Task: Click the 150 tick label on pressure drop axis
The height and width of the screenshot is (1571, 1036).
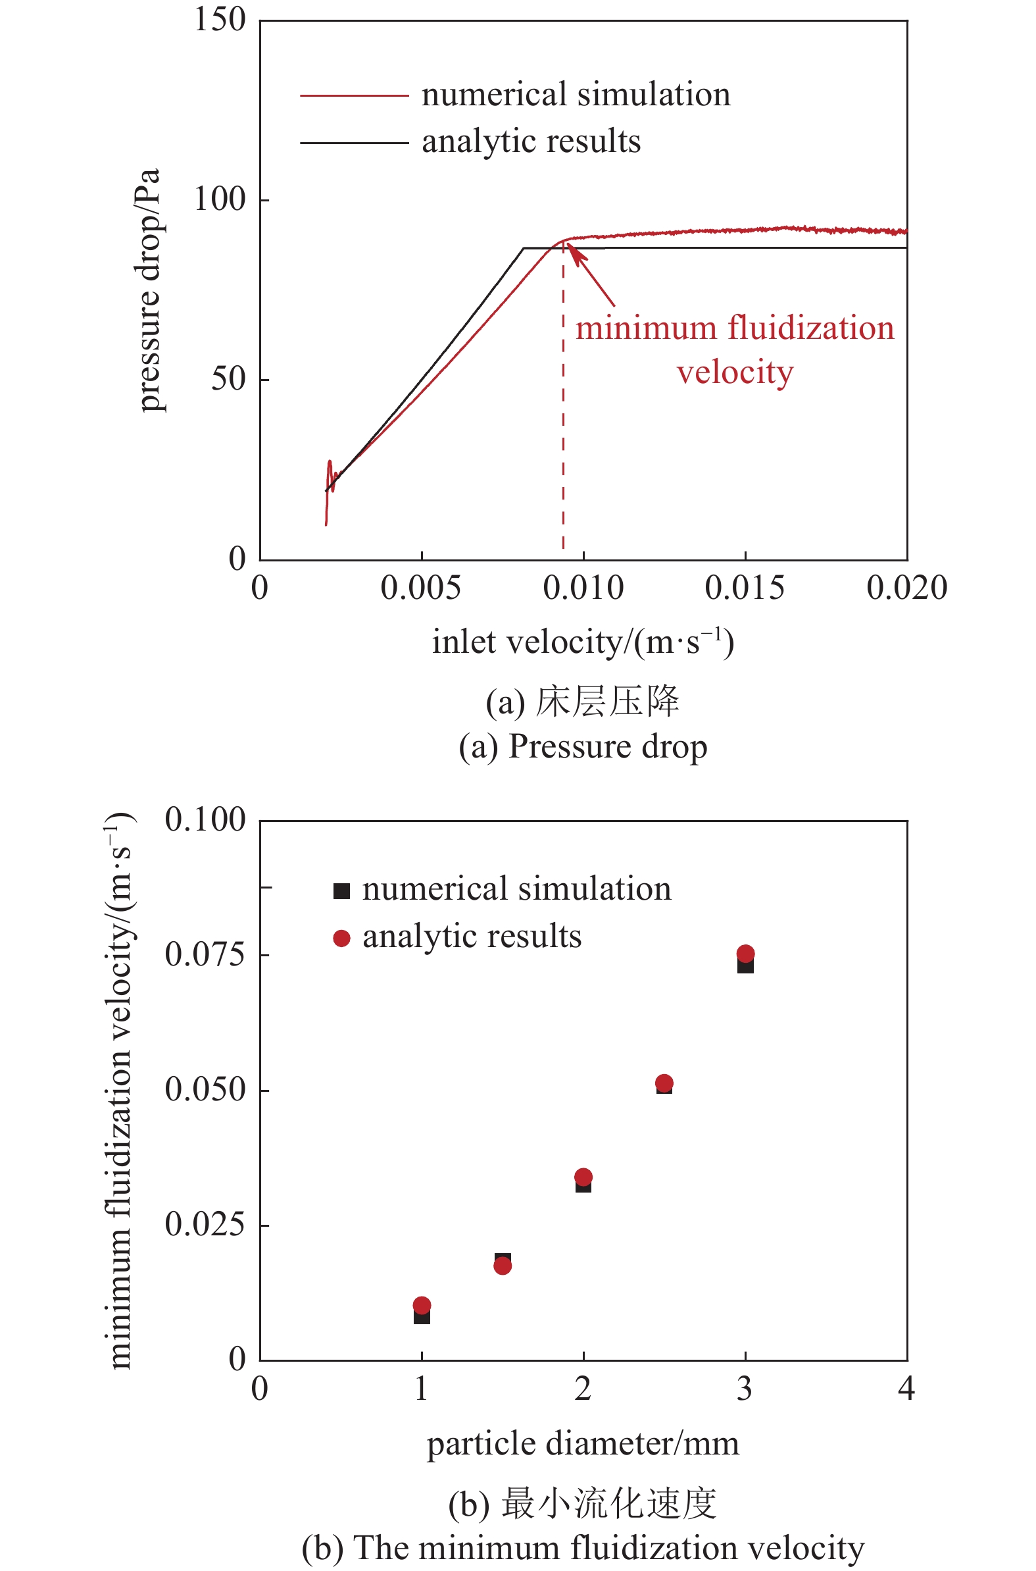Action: pyautogui.click(x=219, y=19)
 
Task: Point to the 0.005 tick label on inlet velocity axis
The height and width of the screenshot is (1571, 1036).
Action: pyautogui.click(x=420, y=588)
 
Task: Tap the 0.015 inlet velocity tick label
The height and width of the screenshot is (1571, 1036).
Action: pyautogui.click(x=745, y=588)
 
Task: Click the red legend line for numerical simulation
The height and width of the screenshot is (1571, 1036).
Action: pyautogui.click(x=354, y=96)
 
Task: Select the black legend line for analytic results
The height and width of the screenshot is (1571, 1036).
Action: pyautogui.click(x=354, y=142)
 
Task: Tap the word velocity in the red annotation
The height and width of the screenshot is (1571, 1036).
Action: pyautogui.click(x=735, y=372)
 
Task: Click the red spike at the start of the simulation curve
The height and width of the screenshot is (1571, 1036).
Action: pyautogui.click(x=329, y=467)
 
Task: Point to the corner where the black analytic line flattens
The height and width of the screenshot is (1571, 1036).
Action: pyautogui.click(x=524, y=249)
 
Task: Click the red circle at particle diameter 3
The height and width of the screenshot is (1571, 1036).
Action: pyautogui.click(x=745, y=954)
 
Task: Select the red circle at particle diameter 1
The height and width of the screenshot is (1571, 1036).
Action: pyautogui.click(x=422, y=1305)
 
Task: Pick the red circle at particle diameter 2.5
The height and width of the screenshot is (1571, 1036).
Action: pyautogui.click(x=664, y=1083)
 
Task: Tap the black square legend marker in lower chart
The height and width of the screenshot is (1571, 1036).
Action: pyautogui.click(x=341, y=891)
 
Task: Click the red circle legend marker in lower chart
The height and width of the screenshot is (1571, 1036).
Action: pyautogui.click(x=341, y=938)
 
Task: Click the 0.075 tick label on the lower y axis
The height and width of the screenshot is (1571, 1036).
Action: pyautogui.click(x=205, y=955)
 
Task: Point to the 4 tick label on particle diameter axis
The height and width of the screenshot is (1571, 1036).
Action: pyautogui.click(x=906, y=1389)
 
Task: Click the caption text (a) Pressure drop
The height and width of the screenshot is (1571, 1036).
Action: pyautogui.click(x=583, y=747)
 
